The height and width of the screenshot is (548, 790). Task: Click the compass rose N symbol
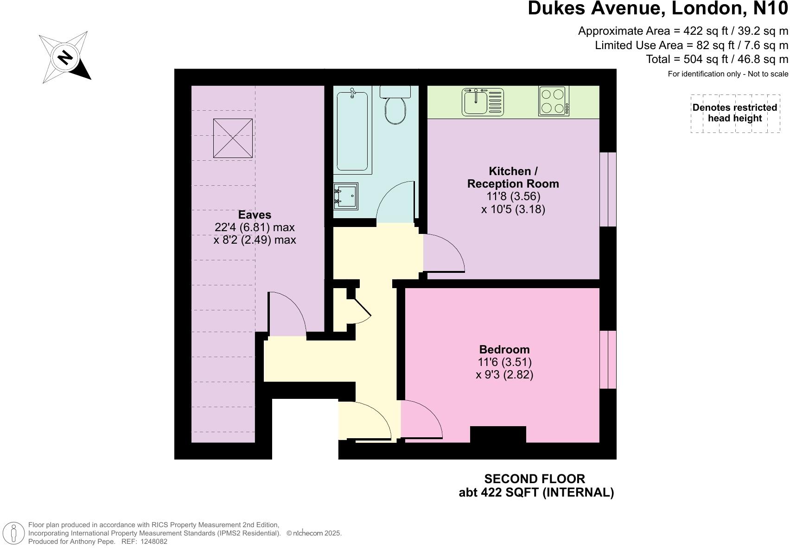pyautogui.click(x=65, y=57)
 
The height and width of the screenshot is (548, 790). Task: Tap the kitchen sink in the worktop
pyautogui.click(x=483, y=102)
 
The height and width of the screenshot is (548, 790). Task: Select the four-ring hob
pyautogui.click(x=554, y=101)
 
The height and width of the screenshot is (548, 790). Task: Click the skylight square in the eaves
pyautogui.click(x=233, y=138)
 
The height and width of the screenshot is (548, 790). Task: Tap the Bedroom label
pyautogui.click(x=504, y=349)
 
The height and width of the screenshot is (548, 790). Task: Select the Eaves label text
pyautogui.click(x=255, y=214)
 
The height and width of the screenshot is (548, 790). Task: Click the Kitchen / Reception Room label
pyautogui.click(x=513, y=177)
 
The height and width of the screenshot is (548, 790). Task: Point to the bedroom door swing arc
pyautogui.click(x=422, y=419)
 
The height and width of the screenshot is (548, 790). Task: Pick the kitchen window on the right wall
pyautogui.click(x=608, y=189)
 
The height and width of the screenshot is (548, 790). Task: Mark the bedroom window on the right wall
pyautogui.click(x=608, y=359)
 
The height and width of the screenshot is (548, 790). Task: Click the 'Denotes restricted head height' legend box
pyautogui.click(x=735, y=113)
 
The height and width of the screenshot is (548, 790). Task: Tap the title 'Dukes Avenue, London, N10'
pyautogui.click(x=657, y=9)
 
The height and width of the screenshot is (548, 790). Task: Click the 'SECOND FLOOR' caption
pyautogui.click(x=535, y=479)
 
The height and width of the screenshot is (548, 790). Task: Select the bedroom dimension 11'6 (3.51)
pyautogui.click(x=504, y=362)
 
